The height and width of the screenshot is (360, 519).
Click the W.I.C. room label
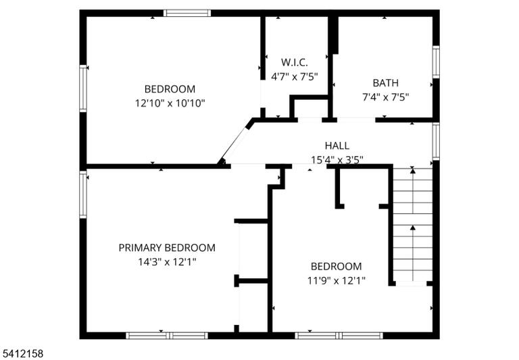[294, 62]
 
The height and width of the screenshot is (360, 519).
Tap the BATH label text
[386, 82]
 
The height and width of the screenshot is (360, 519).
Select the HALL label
[337, 146]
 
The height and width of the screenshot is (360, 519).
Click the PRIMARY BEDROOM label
[167, 247]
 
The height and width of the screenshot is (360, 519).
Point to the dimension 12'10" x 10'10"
[170, 103]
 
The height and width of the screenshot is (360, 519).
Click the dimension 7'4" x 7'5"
[386, 97]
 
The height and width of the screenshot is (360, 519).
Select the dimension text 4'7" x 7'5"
[294, 77]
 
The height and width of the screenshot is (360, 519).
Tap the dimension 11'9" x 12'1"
[337, 281]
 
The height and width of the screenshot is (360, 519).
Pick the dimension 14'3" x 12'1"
[167, 262]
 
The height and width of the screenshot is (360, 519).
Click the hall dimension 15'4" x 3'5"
[337, 160]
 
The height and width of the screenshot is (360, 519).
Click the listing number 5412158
[22, 353]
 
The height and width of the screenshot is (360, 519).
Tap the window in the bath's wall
[436, 62]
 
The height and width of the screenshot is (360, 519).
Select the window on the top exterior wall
[187, 14]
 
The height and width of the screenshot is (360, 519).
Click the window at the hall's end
[436, 141]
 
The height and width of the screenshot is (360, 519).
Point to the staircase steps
[412, 225]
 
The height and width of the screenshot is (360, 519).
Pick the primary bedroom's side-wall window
[83, 195]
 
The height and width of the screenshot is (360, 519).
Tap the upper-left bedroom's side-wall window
[83, 88]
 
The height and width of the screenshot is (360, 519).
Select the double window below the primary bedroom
[167, 336]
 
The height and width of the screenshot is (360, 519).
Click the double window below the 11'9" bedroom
[339, 336]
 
